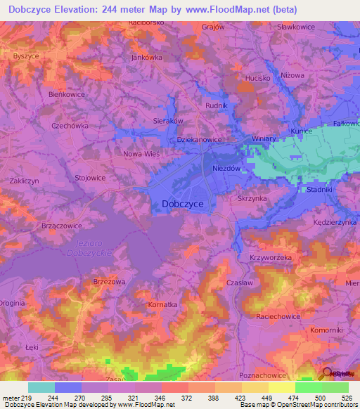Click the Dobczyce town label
178,204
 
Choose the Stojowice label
90,178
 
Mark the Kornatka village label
163,305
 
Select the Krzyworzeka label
271,258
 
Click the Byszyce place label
25,56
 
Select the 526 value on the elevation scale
349,397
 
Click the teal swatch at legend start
41,387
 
